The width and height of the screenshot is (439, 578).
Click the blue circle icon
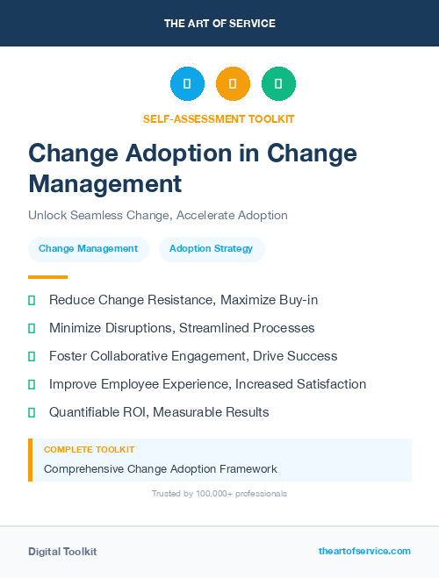(x=187, y=83)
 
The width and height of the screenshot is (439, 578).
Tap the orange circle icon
(x=233, y=83)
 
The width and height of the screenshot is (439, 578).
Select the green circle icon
(x=278, y=83)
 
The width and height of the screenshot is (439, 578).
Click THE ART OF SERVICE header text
(x=219, y=24)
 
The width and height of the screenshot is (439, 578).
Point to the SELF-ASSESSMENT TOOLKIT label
(x=219, y=118)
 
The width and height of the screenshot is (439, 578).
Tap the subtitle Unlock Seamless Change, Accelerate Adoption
(x=158, y=215)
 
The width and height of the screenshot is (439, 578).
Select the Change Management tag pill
(x=88, y=249)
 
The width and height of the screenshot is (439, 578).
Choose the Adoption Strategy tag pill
(x=211, y=249)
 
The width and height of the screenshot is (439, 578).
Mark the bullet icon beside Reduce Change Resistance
(x=32, y=301)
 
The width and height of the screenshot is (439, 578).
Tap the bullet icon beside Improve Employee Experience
(x=32, y=384)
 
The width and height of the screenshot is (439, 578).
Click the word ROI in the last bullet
(x=137, y=412)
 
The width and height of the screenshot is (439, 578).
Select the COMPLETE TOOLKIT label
(x=84, y=450)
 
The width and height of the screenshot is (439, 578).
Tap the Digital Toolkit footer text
(x=62, y=552)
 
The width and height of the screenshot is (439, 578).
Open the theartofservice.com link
(x=364, y=551)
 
